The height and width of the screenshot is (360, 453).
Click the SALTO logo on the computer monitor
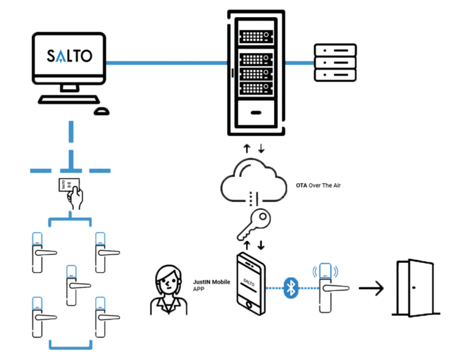coord(70,56)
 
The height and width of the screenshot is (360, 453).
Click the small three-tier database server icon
coord(335,62)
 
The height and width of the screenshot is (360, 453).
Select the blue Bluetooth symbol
coord(290,288)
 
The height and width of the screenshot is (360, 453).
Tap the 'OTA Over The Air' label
coord(319,186)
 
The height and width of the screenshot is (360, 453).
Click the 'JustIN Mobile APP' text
coord(211,286)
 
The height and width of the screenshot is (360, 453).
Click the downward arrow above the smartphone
coord(261,244)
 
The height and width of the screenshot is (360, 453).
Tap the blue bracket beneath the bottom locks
coord(71,345)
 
